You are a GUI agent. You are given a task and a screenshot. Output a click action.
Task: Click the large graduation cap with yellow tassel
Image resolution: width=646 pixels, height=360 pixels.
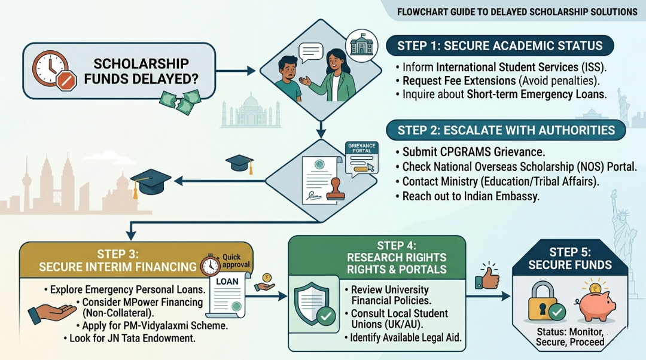point(151,181)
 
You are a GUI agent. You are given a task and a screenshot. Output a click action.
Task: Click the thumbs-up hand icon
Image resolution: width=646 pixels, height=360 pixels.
point(489,276)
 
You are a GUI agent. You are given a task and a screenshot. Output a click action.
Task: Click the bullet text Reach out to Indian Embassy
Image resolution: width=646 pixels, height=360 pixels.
point(471,196)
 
